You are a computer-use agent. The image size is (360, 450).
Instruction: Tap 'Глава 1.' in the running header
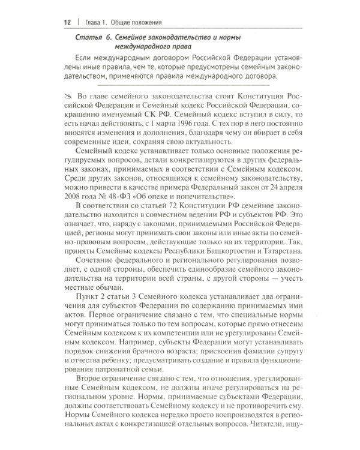point(97,23)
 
